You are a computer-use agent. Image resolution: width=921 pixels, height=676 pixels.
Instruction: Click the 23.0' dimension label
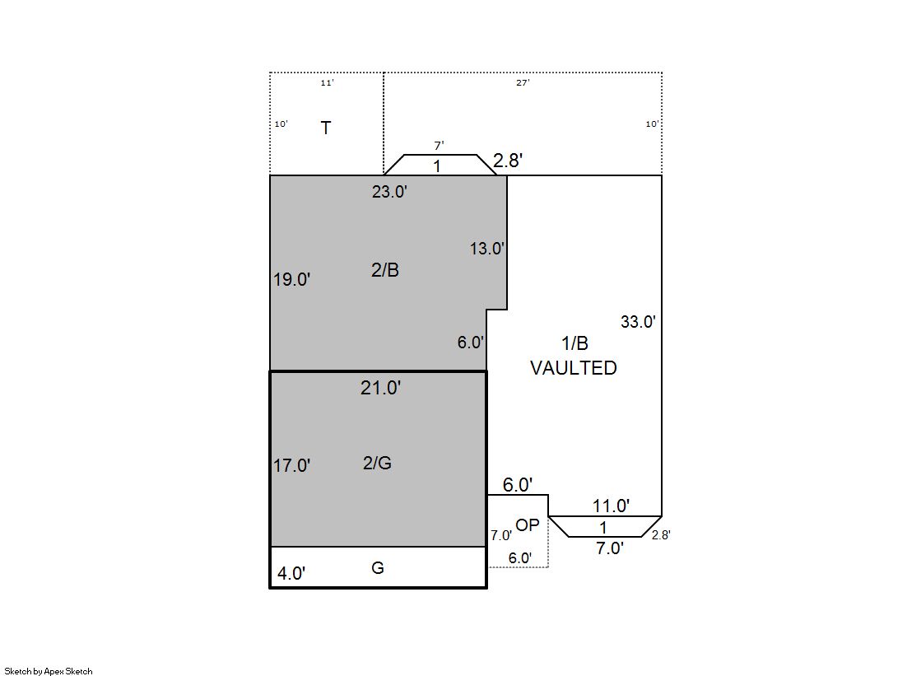point(389,192)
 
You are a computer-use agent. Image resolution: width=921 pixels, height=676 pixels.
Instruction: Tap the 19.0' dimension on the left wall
point(291,279)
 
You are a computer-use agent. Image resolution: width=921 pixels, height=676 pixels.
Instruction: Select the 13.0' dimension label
point(487,249)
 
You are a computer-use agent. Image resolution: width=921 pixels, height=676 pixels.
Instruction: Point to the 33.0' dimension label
point(638,322)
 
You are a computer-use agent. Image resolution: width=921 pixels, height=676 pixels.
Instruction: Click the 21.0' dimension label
point(380,388)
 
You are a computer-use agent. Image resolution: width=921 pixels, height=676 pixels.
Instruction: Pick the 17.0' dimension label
point(291,465)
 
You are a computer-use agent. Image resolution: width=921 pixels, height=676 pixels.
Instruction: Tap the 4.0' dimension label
point(291,573)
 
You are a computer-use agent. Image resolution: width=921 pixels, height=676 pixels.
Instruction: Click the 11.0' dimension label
point(611,506)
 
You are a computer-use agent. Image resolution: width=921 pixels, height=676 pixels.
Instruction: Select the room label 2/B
point(384,270)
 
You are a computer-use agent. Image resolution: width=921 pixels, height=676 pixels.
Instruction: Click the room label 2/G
point(377,464)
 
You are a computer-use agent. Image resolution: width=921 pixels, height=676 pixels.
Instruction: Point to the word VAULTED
point(574,368)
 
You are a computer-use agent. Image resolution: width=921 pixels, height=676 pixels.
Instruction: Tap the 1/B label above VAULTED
point(574,343)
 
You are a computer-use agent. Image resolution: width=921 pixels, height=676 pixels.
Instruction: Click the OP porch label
point(527,525)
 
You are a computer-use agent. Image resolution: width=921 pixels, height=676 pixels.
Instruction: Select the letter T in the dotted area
point(325,128)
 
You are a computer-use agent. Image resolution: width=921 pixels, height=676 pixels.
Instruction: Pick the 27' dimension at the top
point(522,83)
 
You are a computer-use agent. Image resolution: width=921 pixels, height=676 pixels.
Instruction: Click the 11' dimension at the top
point(327,83)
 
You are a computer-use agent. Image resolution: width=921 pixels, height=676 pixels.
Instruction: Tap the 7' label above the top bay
point(439,146)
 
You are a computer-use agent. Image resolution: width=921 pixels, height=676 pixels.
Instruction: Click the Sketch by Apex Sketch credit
point(49,671)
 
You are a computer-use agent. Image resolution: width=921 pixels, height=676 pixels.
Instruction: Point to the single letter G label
point(378,568)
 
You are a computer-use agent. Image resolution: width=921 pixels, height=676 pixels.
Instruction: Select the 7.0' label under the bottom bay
point(610,548)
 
